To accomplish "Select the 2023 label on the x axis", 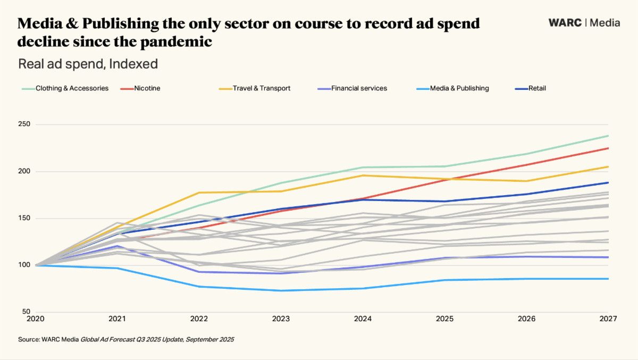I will click(x=281, y=320).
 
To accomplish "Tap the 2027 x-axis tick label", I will click(x=608, y=320).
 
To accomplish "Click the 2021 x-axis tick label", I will click(x=117, y=320).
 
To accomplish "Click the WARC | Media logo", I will click(x=584, y=23).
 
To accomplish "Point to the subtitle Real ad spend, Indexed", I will click(x=88, y=64).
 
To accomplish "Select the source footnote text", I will click(x=126, y=339).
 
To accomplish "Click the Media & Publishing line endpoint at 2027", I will click(x=608, y=279).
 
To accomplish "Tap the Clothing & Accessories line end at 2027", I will click(x=608, y=136).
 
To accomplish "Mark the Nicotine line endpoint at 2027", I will click(x=608, y=148).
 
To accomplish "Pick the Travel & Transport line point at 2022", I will click(x=199, y=192).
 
